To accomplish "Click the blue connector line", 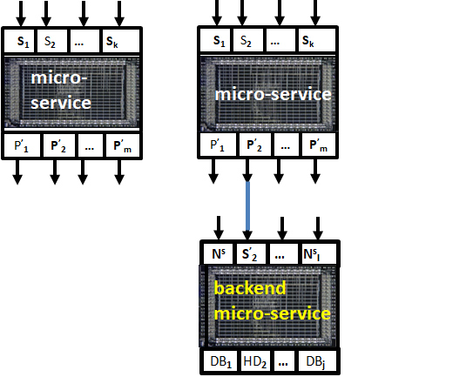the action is pyautogui.click(x=247, y=205).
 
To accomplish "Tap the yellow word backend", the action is pyautogui.click(x=250, y=288).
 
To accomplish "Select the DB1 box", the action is pyautogui.click(x=220, y=361).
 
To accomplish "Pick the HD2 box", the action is pyautogui.click(x=255, y=361).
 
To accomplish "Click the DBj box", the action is pyautogui.click(x=317, y=361).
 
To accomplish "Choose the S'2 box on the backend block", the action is pyautogui.click(x=249, y=254).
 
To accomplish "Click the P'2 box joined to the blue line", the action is pyautogui.click(x=254, y=145).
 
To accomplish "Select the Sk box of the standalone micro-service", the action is pyautogui.click(x=121, y=41).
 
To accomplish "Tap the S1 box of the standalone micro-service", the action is pyautogui.click(x=19, y=41).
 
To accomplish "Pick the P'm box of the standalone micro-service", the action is pyautogui.click(x=123, y=145).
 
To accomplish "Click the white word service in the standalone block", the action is pyautogui.click(x=61, y=103).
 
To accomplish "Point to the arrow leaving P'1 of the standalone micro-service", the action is pyautogui.click(x=17, y=172).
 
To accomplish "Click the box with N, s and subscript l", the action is pyautogui.click(x=319, y=254).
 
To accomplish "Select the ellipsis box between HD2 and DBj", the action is pyautogui.click(x=282, y=361).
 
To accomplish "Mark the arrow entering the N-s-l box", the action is pyautogui.click(x=318, y=228).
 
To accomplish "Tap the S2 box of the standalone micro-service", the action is pyautogui.click(x=51, y=41).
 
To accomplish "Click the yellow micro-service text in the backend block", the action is pyautogui.click(x=273, y=313).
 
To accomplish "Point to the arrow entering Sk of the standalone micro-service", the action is pyautogui.click(x=119, y=14).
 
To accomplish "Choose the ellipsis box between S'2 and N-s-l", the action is pyautogui.click(x=284, y=254).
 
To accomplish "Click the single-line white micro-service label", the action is pyautogui.click(x=273, y=94).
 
